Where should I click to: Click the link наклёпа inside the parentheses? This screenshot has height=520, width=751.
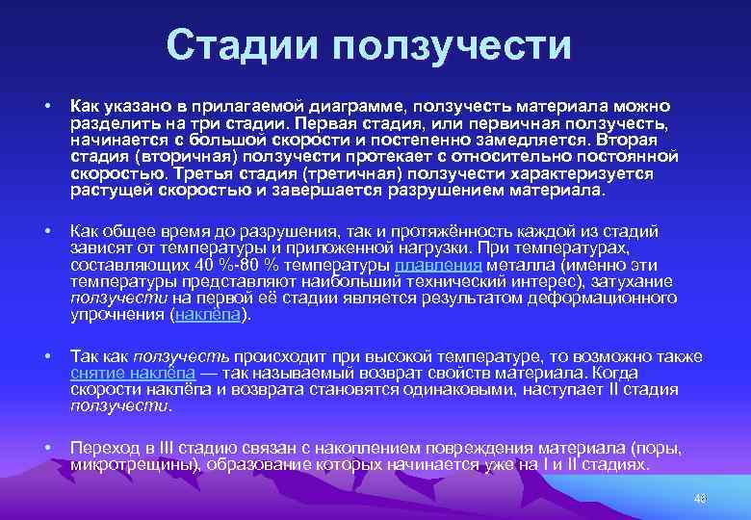point(209,315)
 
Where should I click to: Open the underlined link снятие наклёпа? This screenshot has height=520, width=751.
point(132,373)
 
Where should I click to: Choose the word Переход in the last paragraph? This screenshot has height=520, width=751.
point(104,448)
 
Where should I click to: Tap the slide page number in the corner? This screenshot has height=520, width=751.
point(699,498)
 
